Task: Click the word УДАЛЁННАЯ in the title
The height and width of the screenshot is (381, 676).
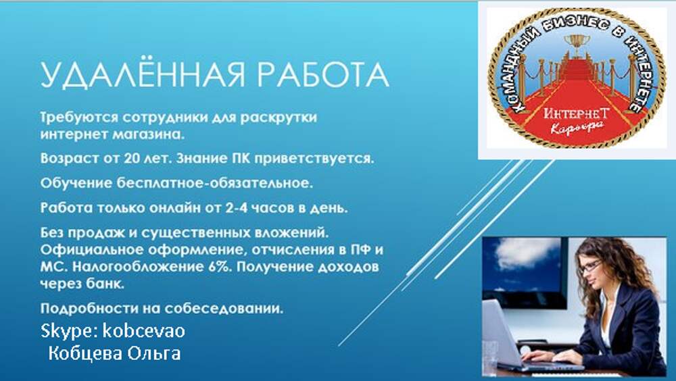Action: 143,74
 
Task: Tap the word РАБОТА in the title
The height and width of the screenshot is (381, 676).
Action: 323,76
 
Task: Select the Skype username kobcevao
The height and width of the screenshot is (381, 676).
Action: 144,331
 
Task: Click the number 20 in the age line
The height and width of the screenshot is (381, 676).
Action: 132,159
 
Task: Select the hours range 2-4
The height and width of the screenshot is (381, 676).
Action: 237,208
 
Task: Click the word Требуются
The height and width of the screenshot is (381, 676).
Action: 79,118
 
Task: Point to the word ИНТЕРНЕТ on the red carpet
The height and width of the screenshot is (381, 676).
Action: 577,113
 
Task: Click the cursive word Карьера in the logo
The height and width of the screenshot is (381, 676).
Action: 577,128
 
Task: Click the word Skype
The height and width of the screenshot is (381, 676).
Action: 69,332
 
